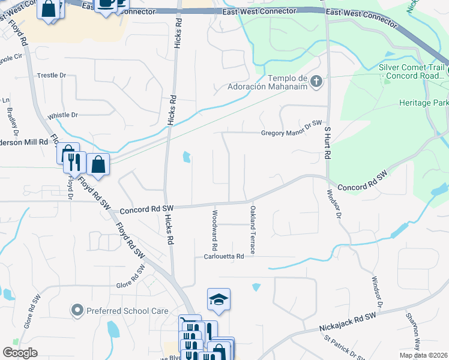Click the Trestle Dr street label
pyautogui.click(x=51, y=76)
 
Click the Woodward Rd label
pyautogui.click(x=214, y=230)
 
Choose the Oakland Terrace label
pyautogui.click(x=253, y=230)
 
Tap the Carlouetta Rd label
pyautogui.click(x=224, y=257)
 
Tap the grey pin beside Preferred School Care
pyautogui.click(x=77, y=311)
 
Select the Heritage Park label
pyautogui.click(x=423, y=103)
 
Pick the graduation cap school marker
pyautogui.click(x=218, y=300)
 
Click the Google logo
pyautogui.click(x=20, y=353)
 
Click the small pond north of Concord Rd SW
pyautogui.click(x=186, y=158)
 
